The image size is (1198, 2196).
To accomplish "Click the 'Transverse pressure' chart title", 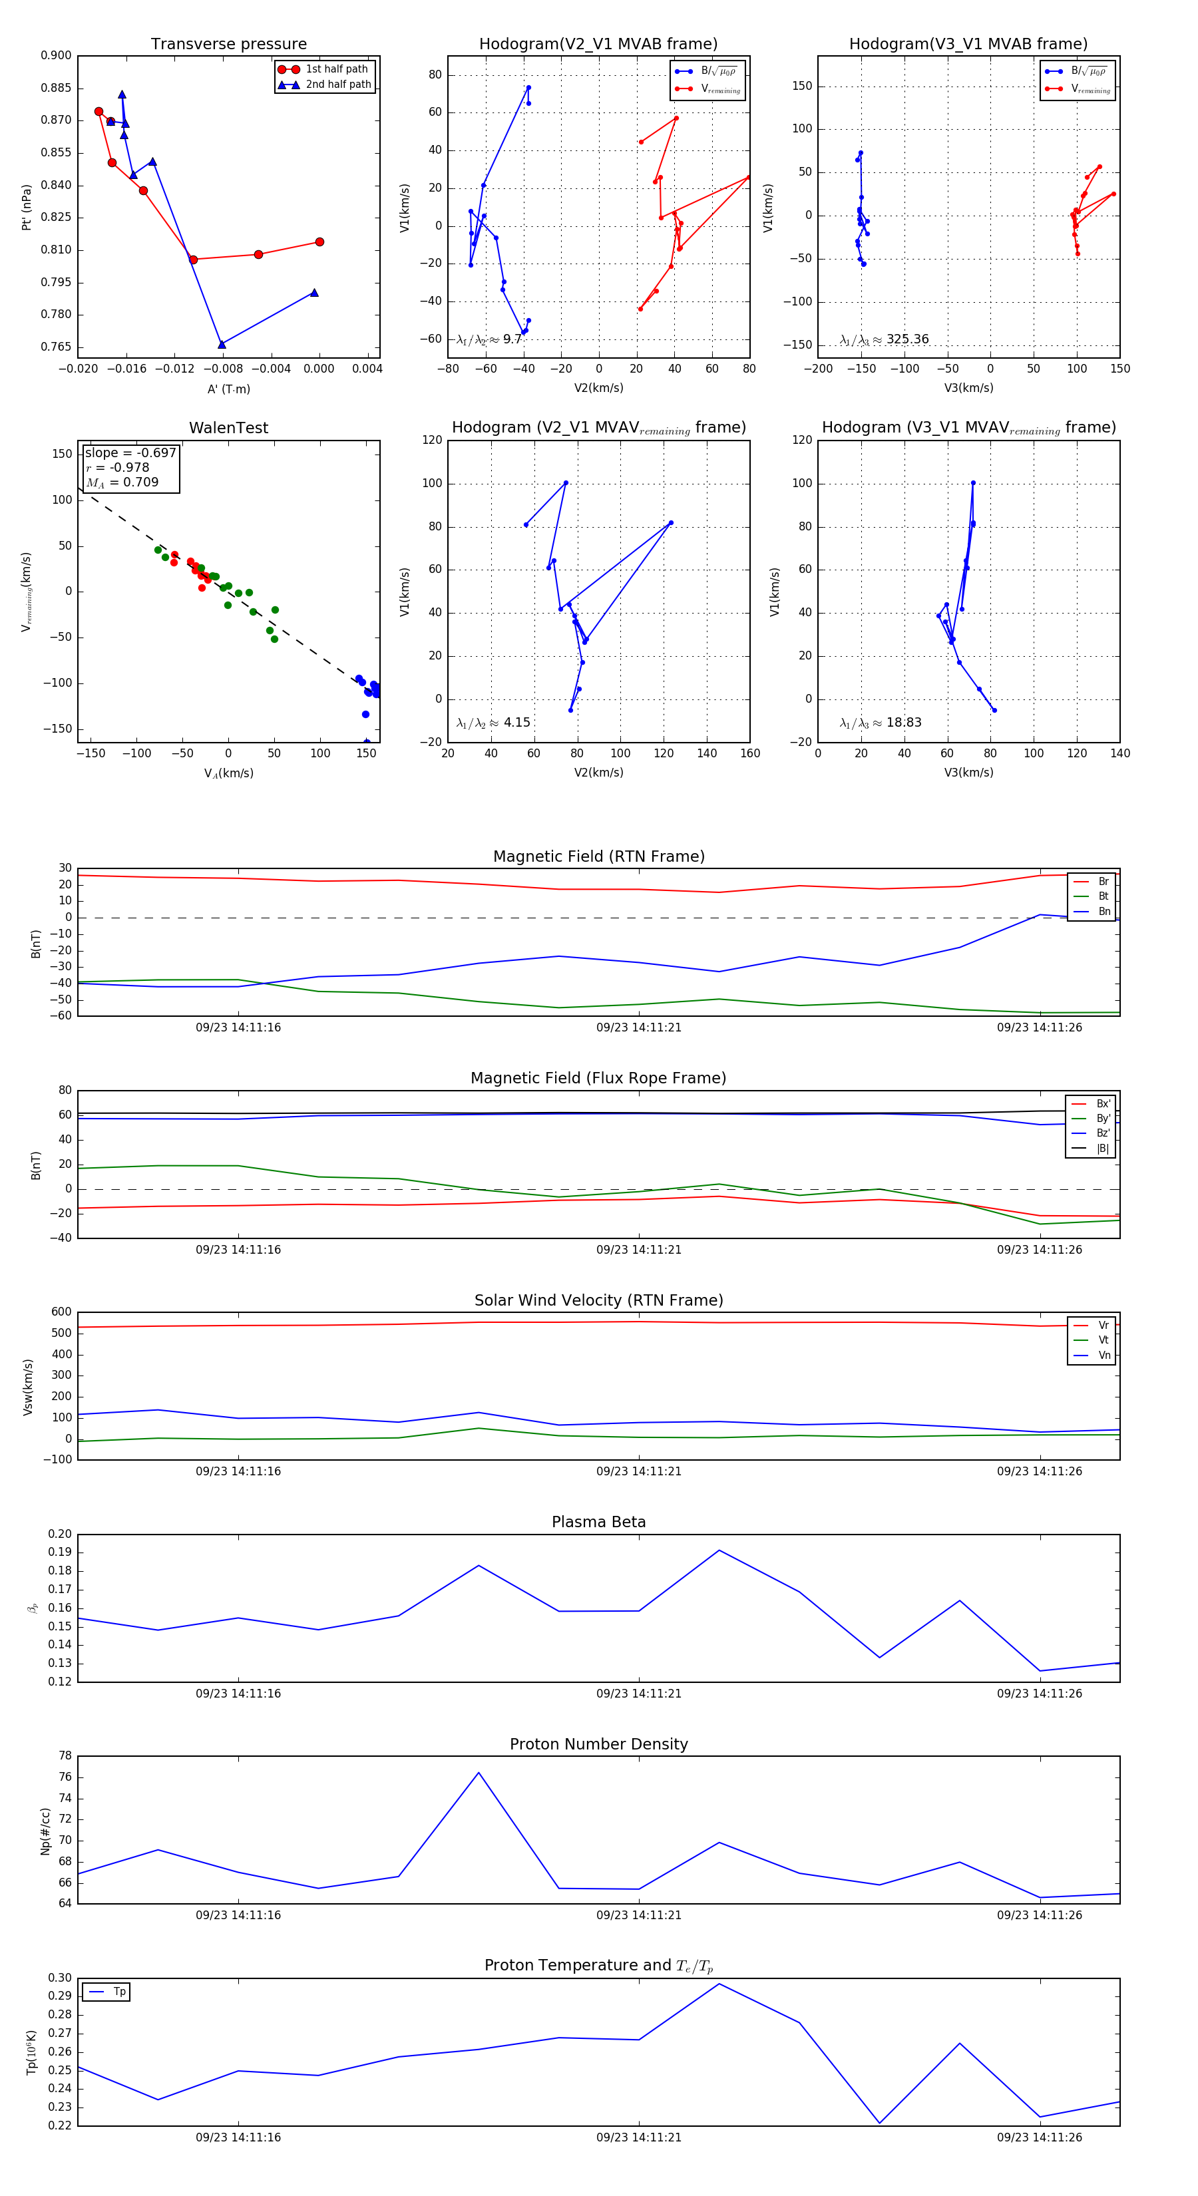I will (228, 45).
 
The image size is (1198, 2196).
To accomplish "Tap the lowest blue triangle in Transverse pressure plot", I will (222, 345).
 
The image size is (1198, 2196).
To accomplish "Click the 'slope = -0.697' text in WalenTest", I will (130, 453).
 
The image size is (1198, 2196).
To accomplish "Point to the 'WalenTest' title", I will (228, 428).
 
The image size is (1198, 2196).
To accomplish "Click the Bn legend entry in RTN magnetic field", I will (1103, 911).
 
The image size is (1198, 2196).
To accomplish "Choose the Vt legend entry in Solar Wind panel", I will (1103, 1340).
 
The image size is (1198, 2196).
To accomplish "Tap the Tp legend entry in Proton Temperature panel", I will (118, 1992).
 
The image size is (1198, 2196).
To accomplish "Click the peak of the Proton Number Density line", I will (479, 1772).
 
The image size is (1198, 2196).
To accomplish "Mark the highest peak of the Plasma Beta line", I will (719, 1550).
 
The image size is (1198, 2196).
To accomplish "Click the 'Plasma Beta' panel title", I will (598, 1522).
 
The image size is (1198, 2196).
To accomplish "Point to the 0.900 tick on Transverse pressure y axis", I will (57, 55).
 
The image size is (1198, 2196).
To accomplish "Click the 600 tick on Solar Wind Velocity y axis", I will (61, 1312).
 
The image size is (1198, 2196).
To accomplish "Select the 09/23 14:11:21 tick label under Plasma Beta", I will (639, 1693).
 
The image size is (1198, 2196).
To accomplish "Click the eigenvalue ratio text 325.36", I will (907, 339).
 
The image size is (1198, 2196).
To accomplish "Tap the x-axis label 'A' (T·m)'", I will (228, 389).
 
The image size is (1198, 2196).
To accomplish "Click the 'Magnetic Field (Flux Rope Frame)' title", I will (598, 1079).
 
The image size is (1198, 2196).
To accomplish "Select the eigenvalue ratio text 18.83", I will (904, 723).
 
